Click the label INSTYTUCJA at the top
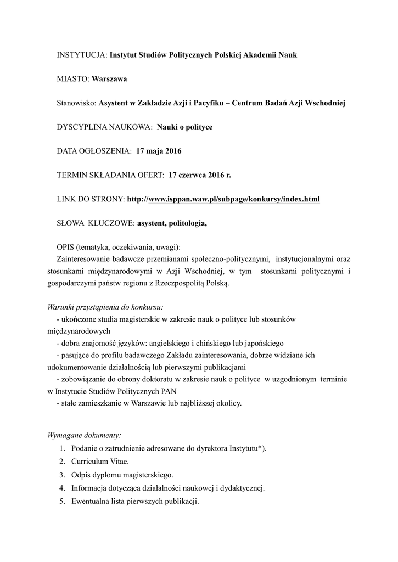81,55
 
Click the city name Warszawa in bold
109,79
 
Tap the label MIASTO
72,79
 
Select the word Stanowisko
76,103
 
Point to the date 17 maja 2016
159,150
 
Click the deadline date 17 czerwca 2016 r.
200,175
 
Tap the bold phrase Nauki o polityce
184,127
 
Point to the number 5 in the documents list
63,502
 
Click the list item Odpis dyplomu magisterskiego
122,475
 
